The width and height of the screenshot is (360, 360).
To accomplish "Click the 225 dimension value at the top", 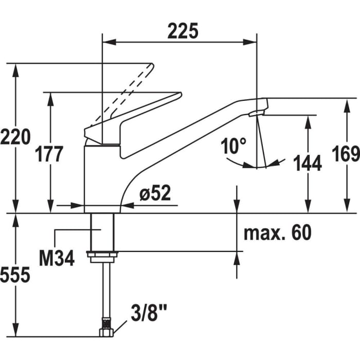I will point(183,31).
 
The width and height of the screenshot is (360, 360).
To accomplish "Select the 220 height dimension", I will point(15,137).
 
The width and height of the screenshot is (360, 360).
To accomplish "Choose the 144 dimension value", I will point(308,163).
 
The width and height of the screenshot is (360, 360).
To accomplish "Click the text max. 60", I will point(278,233).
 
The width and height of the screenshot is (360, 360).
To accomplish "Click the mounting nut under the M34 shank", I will point(102,256).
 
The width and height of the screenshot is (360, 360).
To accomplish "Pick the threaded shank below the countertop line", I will point(102,231).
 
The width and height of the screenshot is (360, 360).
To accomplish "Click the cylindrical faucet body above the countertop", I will point(101,177).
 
